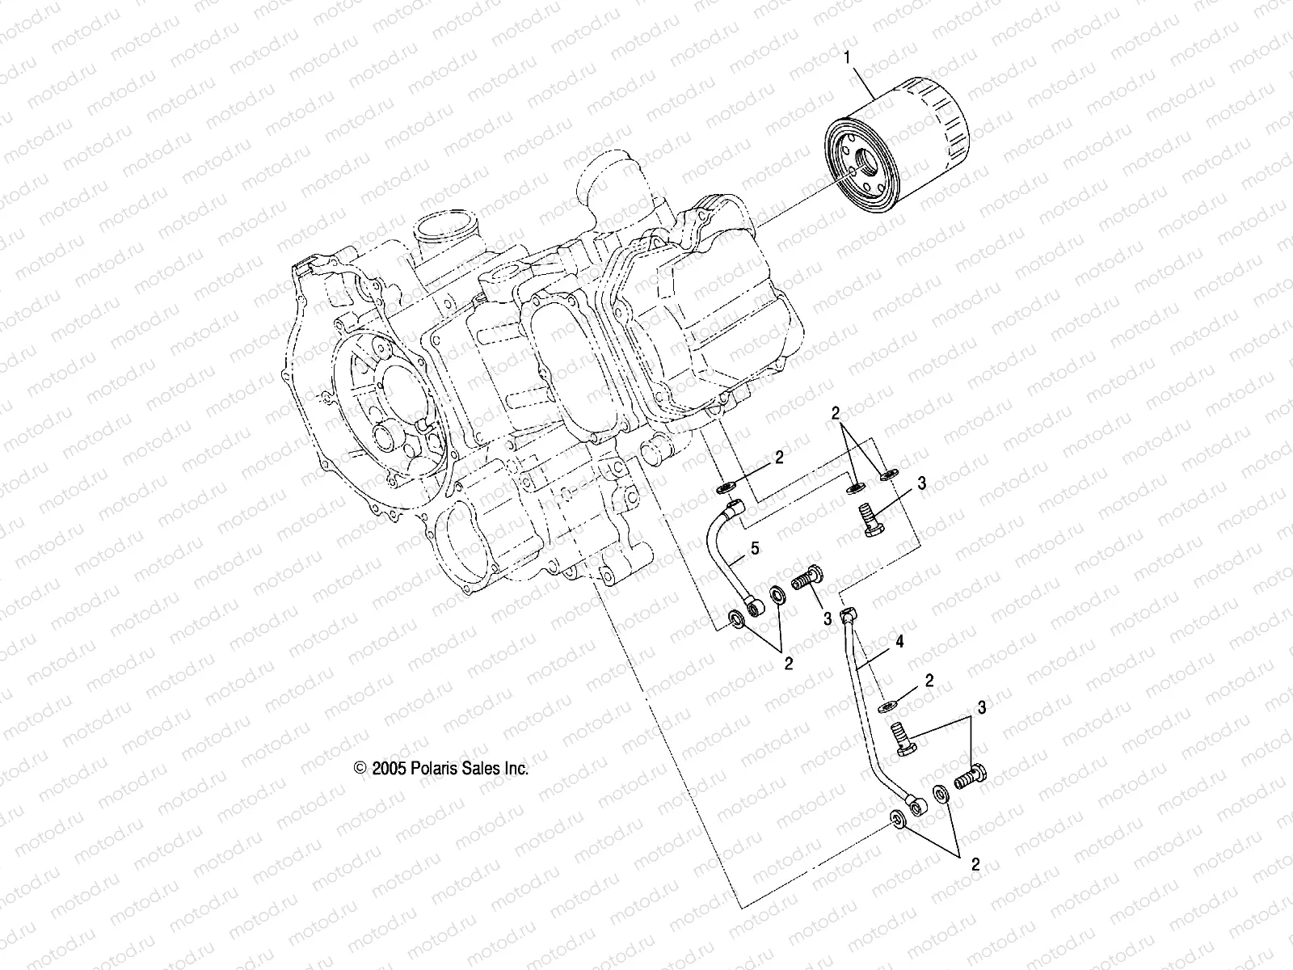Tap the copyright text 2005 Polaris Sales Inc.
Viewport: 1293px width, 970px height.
click(x=441, y=769)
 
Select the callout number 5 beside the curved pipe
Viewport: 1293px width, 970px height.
click(x=754, y=549)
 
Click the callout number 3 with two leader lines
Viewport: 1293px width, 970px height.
click(x=981, y=708)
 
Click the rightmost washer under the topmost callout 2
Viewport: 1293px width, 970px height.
click(x=887, y=473)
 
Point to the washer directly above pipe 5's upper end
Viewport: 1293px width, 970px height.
click(x=726, y=488)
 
